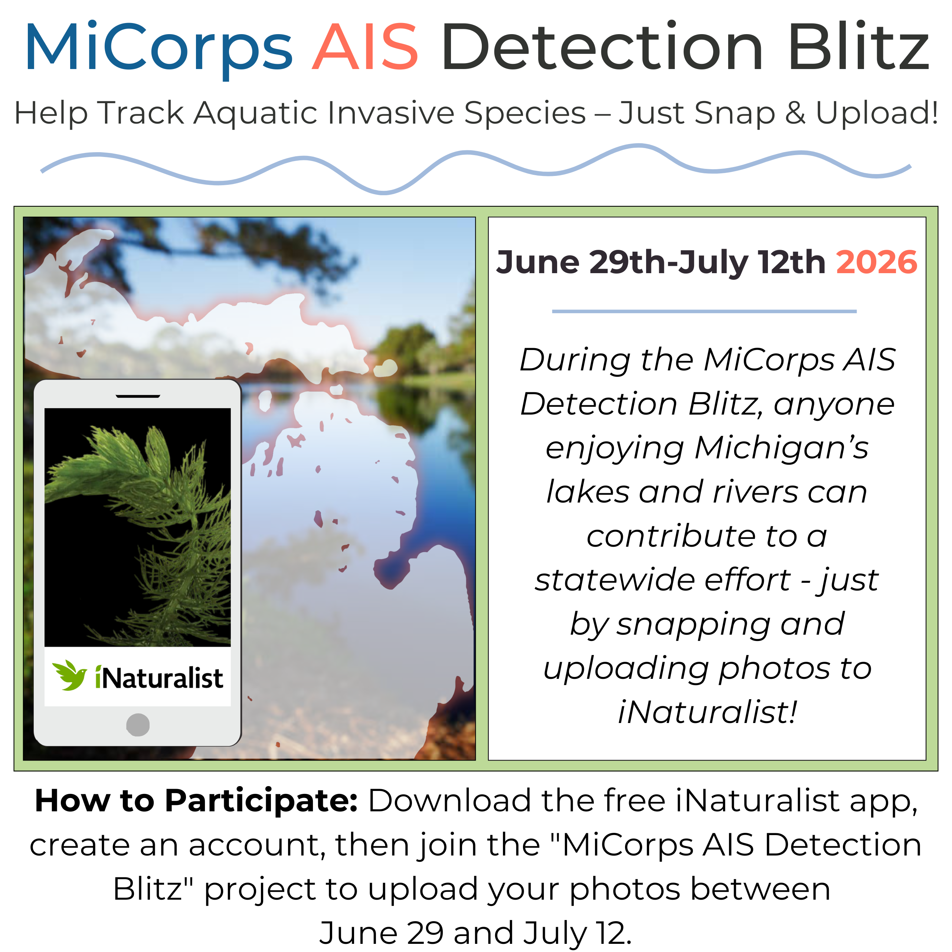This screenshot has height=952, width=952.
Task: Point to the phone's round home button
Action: (x=138, y=725)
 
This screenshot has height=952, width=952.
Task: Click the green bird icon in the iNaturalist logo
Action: (x=70, y=675)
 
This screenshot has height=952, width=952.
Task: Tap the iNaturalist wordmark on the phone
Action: (x=159, y=678)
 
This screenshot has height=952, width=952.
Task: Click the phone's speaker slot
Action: (x=138, y=396)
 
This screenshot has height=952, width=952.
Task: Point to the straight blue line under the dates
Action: (x=704, y=311)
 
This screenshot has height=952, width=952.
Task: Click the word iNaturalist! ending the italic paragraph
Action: (x=707, y=712)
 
